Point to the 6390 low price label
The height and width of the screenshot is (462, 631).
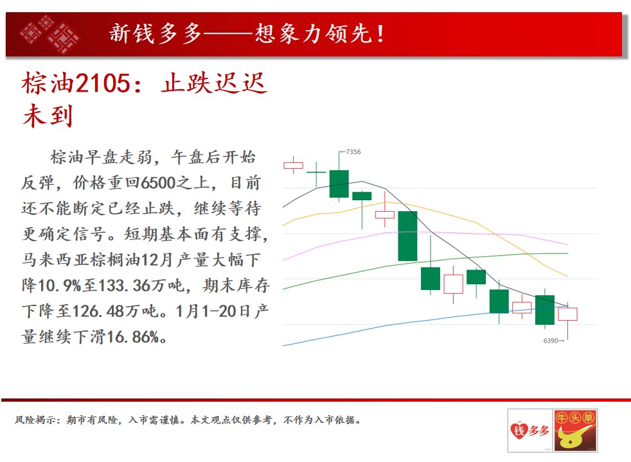(x=551, y=341)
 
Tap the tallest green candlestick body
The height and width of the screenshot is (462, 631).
(x=407, y=236)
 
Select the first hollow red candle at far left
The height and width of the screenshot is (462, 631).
(x=294, y=165)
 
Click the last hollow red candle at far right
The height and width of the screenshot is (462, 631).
(x=568, y=314)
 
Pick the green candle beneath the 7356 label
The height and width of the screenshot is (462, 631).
(x=339, y=184)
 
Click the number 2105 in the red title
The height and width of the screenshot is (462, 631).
(x=103, y=83)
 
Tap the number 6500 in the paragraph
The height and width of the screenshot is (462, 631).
(x=158, y=183)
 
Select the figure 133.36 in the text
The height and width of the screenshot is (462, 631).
(x=119, y=286)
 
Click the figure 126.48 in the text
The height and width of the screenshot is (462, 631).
(x=93, y=311)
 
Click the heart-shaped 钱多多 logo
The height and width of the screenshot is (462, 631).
(x=529, y=431)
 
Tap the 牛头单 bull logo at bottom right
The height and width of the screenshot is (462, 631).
(x=576, y=431)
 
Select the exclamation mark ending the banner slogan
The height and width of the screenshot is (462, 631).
(x=380, y=34)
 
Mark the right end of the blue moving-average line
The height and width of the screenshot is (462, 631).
(x=568, y=306)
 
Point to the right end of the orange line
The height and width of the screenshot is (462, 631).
(x=568, y=277)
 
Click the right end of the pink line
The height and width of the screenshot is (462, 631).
(x=568, y=244)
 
